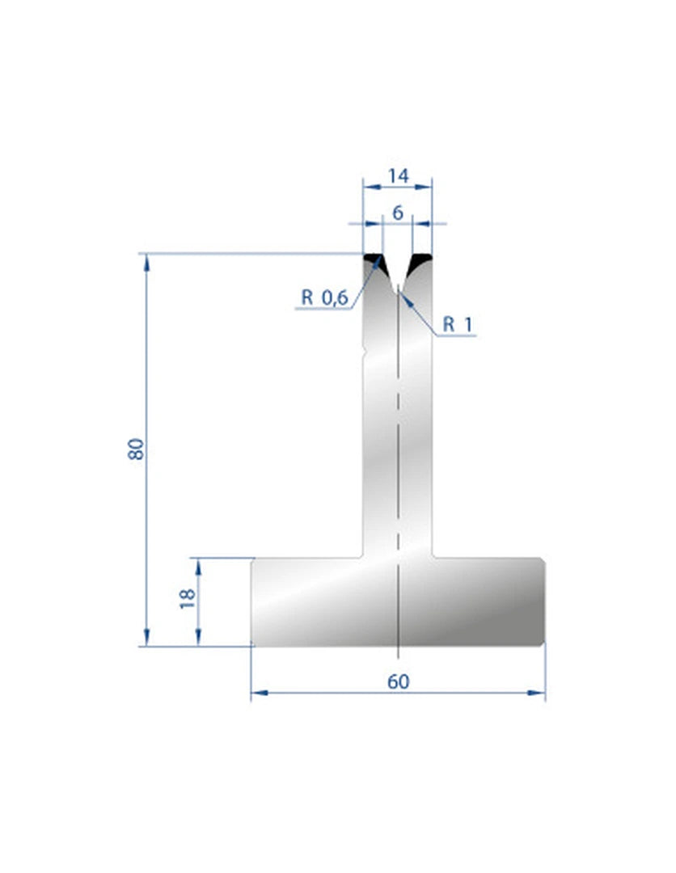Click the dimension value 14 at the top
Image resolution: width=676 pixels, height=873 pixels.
click(398, 176)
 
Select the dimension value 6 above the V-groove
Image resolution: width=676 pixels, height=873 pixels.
click(398, 213)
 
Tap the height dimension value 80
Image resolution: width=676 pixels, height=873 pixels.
click(136, 449)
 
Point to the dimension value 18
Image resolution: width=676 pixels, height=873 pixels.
click(188, 598)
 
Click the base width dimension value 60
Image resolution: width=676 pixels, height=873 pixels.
click(398, 681)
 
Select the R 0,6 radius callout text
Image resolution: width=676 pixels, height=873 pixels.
click(324, 297)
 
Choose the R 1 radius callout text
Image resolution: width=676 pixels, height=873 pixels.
click(457, 324)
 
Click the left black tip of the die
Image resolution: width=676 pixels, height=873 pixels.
click(373, 259)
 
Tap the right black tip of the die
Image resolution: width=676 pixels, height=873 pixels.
click(421, 260)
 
